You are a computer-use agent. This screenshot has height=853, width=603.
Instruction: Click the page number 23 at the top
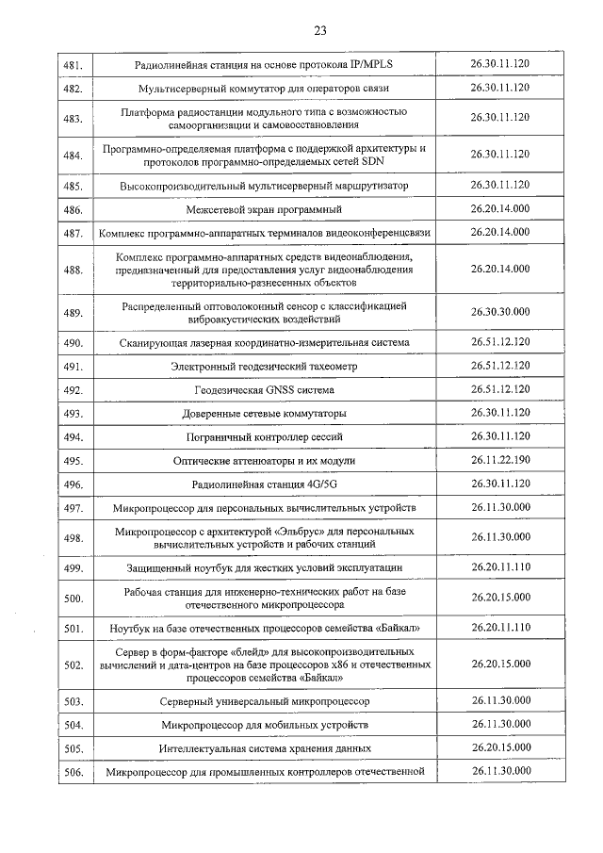(319, 30)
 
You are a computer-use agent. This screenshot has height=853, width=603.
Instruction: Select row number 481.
(73, 65)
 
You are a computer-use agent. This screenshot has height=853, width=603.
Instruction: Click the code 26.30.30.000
(499, 311)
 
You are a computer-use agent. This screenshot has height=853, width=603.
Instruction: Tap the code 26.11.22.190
(499, 460)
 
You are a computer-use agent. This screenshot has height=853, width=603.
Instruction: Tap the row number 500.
(73, 599)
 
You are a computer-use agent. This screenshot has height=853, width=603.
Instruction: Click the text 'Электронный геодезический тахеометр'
(264, 366)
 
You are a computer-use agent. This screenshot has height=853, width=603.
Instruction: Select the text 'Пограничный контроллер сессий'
(264, 437)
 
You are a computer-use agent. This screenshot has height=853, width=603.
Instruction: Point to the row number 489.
(73, 313)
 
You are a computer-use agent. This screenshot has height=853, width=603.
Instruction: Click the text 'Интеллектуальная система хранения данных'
(264, 748)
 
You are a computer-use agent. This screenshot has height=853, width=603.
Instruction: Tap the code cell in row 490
(499, 342)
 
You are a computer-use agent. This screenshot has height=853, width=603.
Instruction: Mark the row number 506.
(73, 773)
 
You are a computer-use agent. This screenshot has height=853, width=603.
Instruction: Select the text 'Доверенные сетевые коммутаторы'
(264, 414)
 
